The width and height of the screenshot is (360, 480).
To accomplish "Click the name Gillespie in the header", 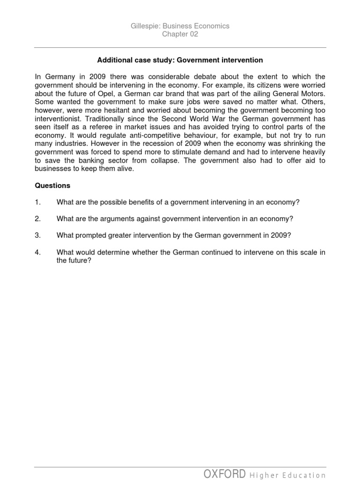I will click(144, 26).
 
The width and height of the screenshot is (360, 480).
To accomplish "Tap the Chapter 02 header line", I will click(180, 34).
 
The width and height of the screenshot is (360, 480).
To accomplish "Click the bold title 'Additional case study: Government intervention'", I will click(180, 60).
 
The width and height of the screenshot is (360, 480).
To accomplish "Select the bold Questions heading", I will click(52, 185).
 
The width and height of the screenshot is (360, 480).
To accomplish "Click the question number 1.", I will click(37, 202).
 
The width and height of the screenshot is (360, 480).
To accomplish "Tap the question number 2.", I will click(37, 219).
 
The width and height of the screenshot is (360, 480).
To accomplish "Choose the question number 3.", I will click(37, 235).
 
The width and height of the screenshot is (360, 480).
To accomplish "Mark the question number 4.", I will click(37, 252).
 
